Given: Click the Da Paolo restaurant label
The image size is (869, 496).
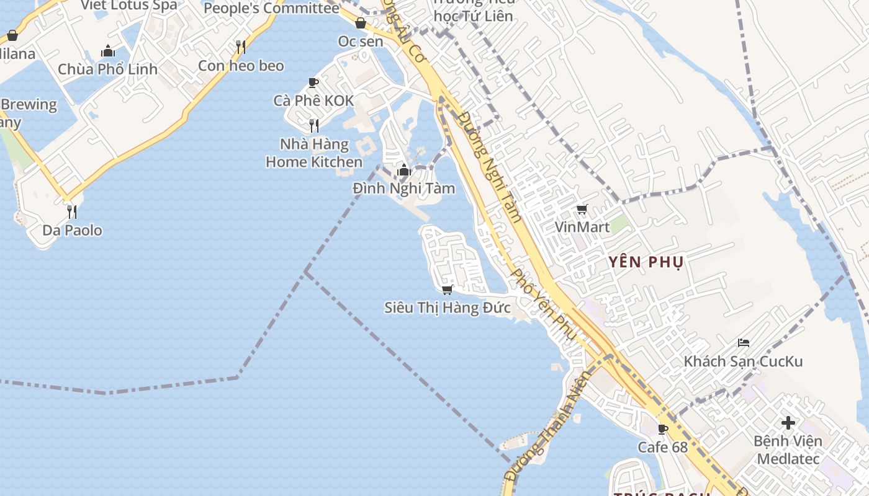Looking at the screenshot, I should tap(72, 231).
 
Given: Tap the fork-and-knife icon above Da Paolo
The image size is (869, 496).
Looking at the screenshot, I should tap(72, 212).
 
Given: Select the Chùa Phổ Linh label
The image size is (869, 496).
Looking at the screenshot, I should tap(108, 69).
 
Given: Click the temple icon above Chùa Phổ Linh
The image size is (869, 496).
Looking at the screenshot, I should tap(108, 51).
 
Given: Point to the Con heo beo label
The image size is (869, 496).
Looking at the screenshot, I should tap(241, 66).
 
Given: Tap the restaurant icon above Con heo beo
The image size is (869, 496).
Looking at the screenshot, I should tap(241, 47).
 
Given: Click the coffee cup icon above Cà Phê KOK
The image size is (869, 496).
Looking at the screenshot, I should tap(313, 82).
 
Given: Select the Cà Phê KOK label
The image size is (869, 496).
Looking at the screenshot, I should tap(313, 100).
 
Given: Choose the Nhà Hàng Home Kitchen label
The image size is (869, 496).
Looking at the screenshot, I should tap(314, 153).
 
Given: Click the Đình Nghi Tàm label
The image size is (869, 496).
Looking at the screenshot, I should tap(404, 188).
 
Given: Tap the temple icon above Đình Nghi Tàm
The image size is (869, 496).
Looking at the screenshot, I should tap(404, 170).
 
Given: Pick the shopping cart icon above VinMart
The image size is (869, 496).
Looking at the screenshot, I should tap(582, 210).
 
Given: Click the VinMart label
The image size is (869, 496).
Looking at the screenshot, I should tap(582, 227).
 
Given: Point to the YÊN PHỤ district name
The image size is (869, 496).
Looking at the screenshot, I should tap(646, 262).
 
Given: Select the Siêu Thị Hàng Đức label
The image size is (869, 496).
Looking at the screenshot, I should tap(447, 308).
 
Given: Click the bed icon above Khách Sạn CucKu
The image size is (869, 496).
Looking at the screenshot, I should tap(743, 343).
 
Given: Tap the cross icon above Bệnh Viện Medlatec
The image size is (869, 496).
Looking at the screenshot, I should tap(788, 423).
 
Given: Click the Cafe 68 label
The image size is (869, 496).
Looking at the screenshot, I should tap(662, 447).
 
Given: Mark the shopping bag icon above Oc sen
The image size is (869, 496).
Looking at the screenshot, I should tap(361, 24).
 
